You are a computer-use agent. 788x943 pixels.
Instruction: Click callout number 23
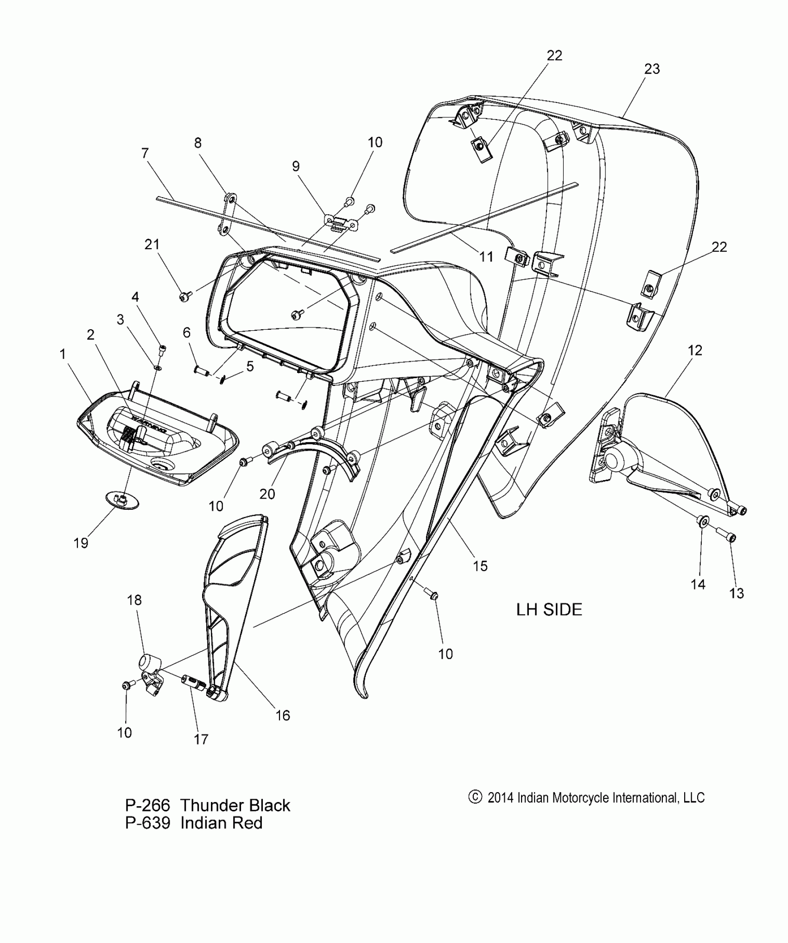click(652, 69)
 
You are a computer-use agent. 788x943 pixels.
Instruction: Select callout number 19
click(81, 543)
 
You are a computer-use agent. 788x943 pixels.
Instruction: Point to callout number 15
click(480, 565)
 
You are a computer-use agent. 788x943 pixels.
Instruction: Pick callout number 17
click(201, 739)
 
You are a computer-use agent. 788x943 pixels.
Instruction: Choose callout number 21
click(152, 244)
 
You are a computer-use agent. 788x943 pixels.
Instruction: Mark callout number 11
click(486, 256)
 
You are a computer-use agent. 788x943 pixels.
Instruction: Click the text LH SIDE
click(549, 609)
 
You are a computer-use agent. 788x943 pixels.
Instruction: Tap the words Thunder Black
click(235, 805)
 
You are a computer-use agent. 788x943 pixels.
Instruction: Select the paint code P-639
click(147, 823)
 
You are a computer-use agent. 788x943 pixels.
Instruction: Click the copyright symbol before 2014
click(475, 797)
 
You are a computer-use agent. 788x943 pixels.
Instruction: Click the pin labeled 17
click(193, 682)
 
